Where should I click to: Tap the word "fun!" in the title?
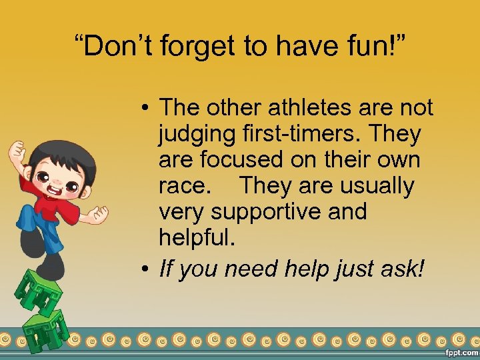pyautogui.click(x=379, y=47)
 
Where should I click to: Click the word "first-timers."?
pyautogui.click(x=304, y=134)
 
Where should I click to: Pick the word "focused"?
pyautogui.click(x=247, y=160)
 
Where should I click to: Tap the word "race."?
pyautogui.click(x=184, y=186)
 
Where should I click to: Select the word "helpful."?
pyautogui.click(x=197, y=238)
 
